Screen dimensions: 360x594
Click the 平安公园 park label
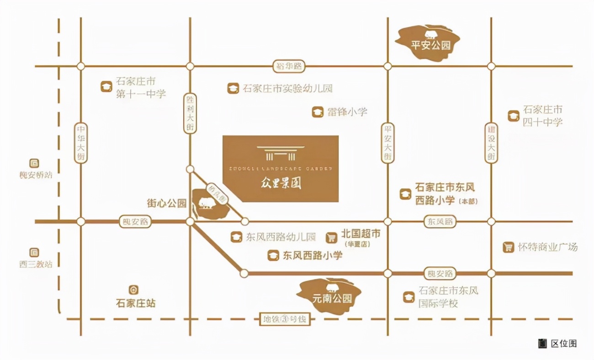coord(431,45)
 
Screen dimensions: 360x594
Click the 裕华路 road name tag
coord(289,66)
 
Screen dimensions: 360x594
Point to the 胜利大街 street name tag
coord(190,113)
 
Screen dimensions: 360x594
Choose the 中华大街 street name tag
coord(81,143)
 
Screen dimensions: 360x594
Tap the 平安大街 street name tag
coord(387,143)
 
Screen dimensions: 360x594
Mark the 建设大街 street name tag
coord(491,143)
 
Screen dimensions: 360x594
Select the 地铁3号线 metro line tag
coord(284,319)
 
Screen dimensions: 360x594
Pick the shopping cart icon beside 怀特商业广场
coord(508,248)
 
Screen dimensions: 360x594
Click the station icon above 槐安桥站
coord(34,163)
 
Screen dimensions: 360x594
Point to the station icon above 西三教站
coord(34,252)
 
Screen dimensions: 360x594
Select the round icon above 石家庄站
coord(133,290)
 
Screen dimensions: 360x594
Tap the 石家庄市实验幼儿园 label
coord(287,88)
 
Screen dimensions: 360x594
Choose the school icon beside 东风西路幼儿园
coord(236,237)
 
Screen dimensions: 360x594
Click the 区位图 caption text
coord(564,344)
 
